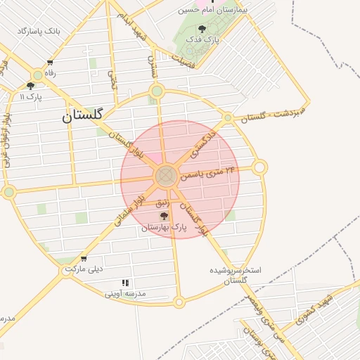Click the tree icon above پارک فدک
(x=202, y=30)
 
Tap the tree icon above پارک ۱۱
(x=30, y=86)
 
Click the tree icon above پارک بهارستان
(x=164, y=216)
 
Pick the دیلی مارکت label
(x=84, y=269)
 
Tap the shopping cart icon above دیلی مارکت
(x=84, y=258)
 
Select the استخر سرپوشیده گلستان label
(x=236, y=275)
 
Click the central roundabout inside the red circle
(x=167, y=176)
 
